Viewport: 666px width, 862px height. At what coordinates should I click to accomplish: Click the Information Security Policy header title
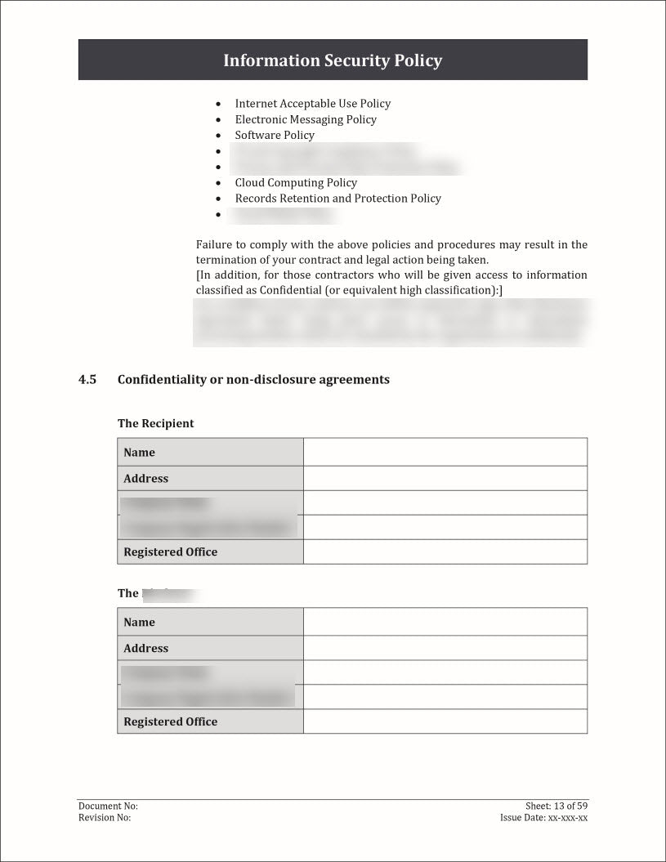click(x=333, y=60)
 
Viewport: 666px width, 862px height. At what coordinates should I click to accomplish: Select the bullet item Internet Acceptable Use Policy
click(x=312, y=104)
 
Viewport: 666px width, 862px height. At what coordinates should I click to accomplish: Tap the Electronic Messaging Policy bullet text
click(x=306, y=119)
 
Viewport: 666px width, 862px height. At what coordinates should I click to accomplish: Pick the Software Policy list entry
click(x=275, y=135)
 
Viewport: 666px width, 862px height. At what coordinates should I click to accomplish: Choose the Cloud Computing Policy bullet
click(x=296, y=182)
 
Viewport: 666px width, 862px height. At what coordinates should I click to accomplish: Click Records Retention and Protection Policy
click(x=337, y=198)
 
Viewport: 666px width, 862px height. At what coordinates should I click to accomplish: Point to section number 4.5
click(x=87, y=379)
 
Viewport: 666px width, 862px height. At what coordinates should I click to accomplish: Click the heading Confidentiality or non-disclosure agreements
click(x=253, y=379)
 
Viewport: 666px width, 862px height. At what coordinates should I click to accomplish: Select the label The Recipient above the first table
click(x=155, y=423)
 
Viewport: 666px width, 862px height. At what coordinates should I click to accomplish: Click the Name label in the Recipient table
click(x=139, y=453)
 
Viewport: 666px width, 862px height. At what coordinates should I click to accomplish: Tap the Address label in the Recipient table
click(x=145, y=479)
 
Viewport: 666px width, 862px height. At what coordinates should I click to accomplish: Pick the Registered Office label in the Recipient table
click(x=170, y=552)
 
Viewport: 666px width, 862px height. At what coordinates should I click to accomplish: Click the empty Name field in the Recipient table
click(x=445, y=453)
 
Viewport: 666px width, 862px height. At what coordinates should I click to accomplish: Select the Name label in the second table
click(x=139, y=623)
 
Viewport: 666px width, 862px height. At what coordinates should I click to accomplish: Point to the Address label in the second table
click(x=145, y=649)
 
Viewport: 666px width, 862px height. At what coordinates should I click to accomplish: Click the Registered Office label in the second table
click(x=170, y=722)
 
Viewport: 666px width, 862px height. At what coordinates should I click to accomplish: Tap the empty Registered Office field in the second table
click(x=445, y=722)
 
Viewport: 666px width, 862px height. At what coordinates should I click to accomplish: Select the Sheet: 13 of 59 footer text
click(x=556, y=806)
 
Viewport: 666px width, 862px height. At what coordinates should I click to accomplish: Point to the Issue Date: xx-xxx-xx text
click(x=543, y=818)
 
